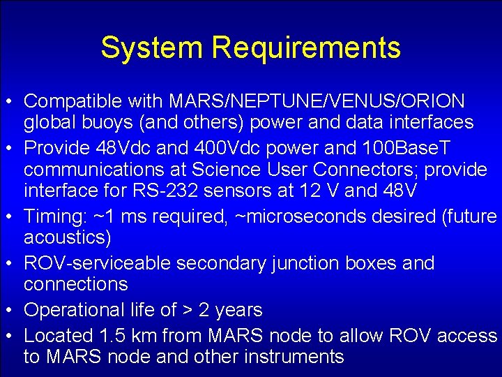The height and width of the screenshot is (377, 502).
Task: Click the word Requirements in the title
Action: point(306,47)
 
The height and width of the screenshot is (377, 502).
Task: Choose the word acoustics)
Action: point(67,238)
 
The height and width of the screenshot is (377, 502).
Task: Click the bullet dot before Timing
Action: point(13,217)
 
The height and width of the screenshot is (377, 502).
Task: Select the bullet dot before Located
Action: point(13,336)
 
